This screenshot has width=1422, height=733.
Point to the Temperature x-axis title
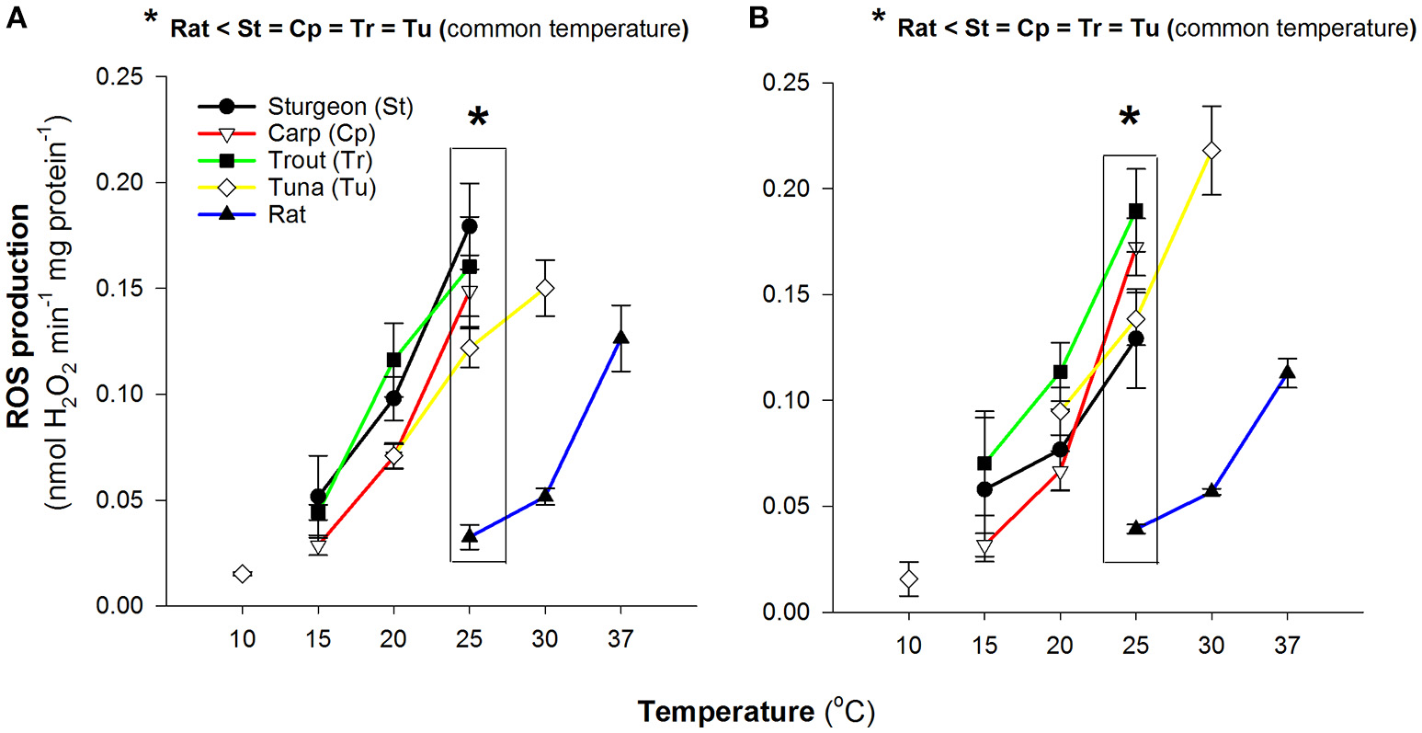click(756, 712)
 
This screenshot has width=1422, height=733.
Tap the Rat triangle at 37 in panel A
click(621, 338)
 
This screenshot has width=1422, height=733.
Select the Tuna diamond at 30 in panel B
click(1212, 150)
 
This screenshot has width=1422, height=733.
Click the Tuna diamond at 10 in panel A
click(243, 574)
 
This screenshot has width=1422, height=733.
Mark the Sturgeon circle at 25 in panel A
click(470, 226)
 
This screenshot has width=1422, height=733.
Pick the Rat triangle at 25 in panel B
click(1136, 528)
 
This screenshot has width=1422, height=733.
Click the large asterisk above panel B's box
click(1130, 117)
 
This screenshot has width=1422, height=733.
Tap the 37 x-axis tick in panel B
click(1287, 646)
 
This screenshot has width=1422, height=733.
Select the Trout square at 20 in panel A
click(394, 359)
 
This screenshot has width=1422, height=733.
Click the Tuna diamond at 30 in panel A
click(545, 288)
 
